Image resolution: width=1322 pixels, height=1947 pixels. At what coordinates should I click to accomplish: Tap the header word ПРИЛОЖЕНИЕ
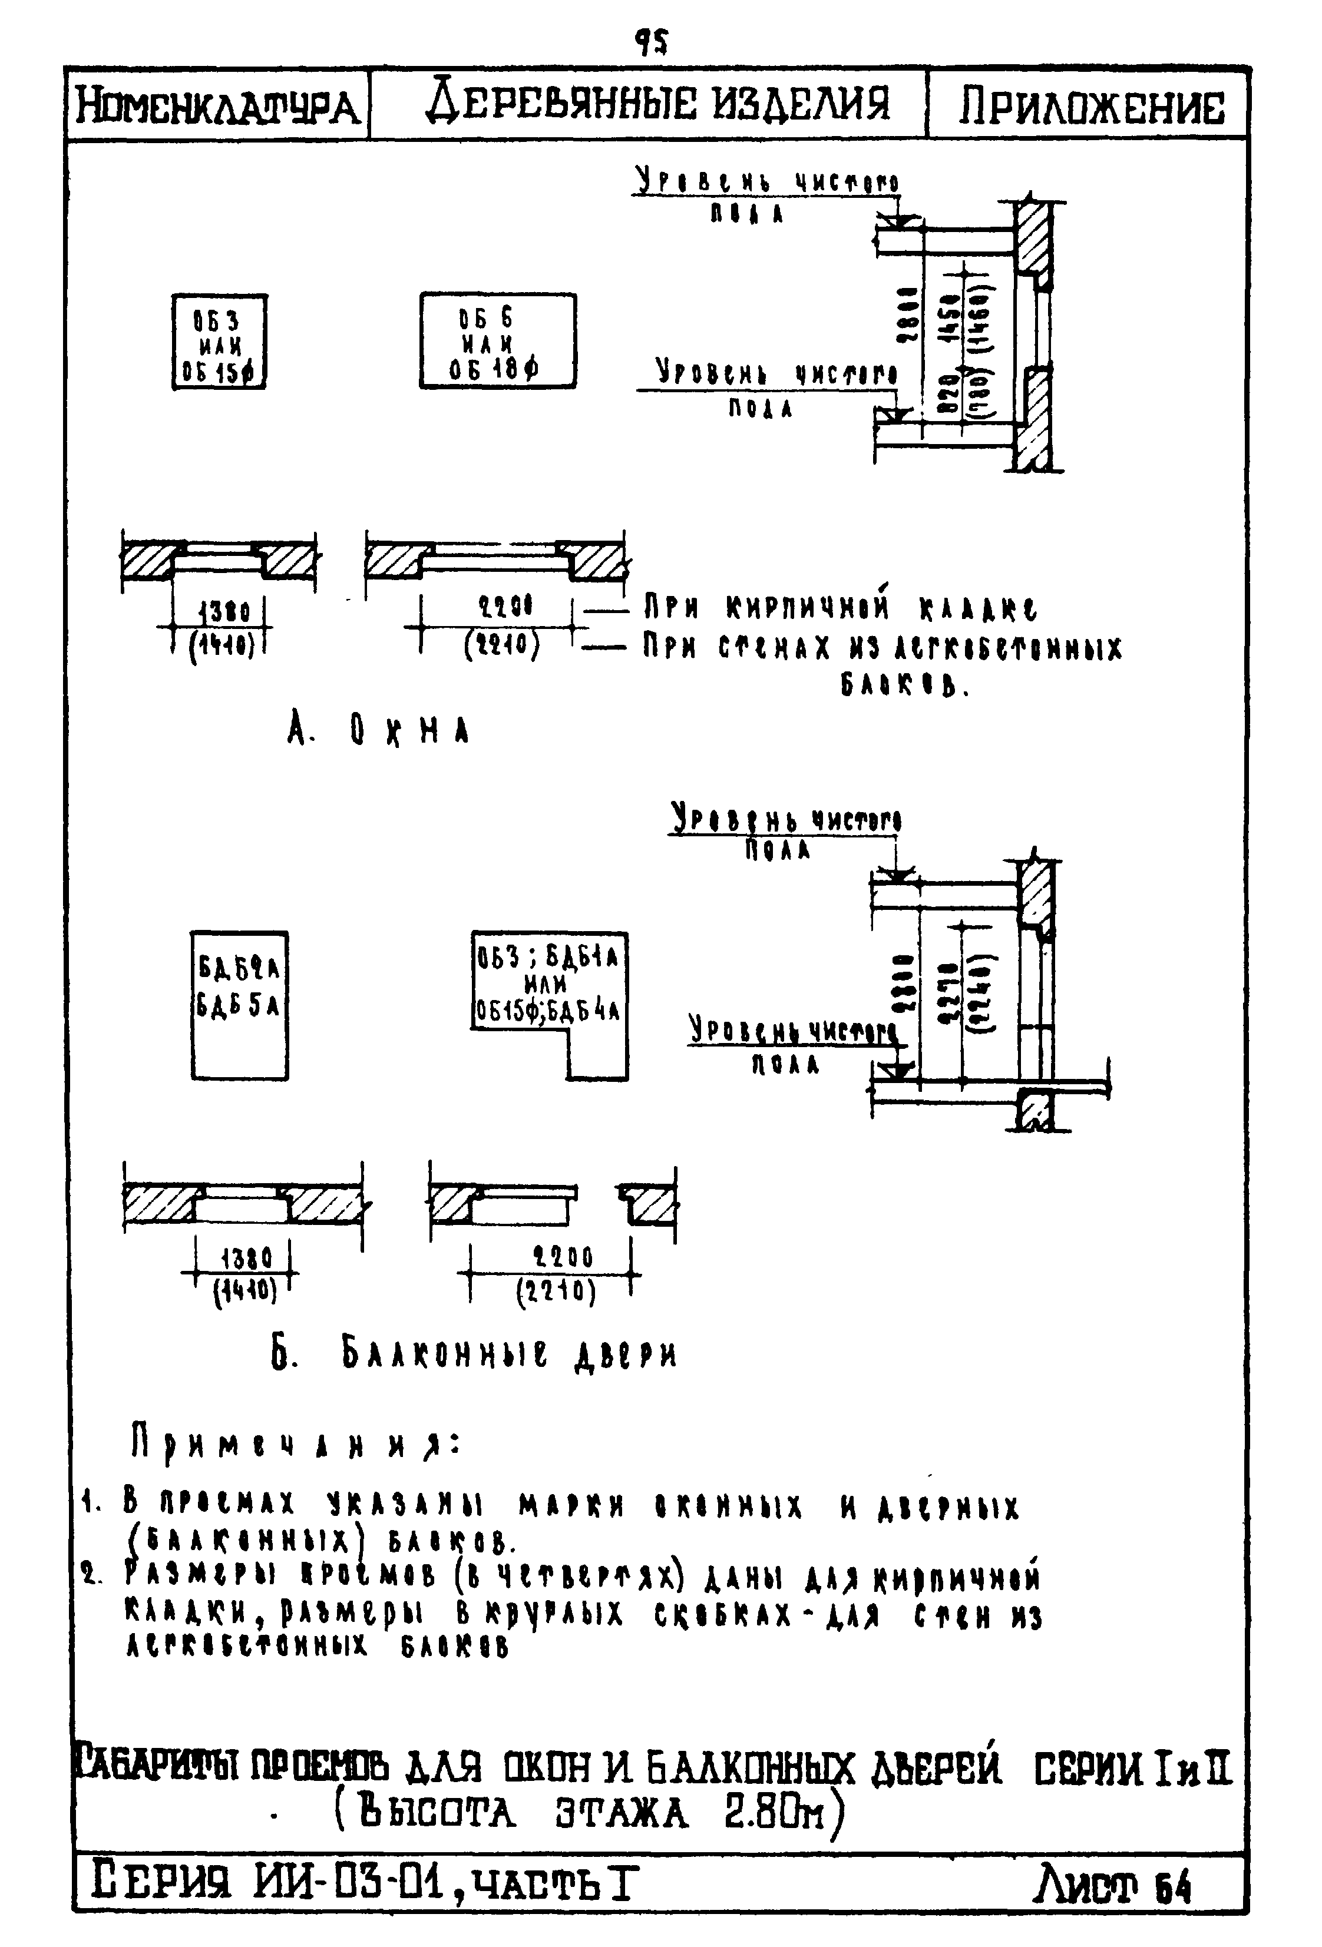pos(1090,107)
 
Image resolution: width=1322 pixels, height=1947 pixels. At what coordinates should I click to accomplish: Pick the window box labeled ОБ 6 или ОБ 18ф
pos(498,341)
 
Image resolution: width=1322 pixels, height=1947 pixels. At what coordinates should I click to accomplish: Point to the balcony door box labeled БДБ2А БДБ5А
pos(240,1005)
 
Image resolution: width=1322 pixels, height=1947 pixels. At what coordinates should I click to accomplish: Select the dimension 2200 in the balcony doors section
pos(563,1257)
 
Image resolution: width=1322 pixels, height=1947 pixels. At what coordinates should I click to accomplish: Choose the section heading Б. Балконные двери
pos(474,1355)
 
